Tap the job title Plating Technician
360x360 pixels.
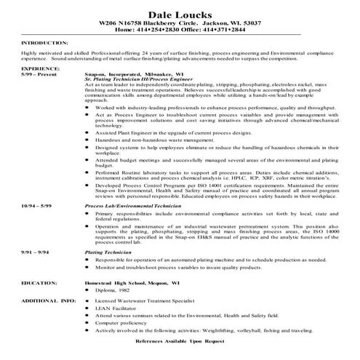[107, 251]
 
